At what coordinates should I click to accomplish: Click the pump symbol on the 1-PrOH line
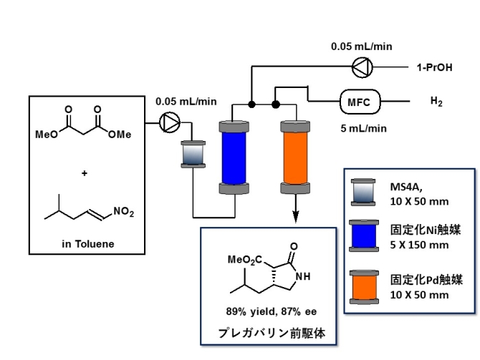pos(359,68)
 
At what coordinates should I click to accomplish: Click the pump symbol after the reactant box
pos(170,123)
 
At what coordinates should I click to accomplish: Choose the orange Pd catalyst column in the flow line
pos(293,156)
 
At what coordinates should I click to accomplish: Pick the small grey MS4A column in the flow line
pos(192,154)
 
